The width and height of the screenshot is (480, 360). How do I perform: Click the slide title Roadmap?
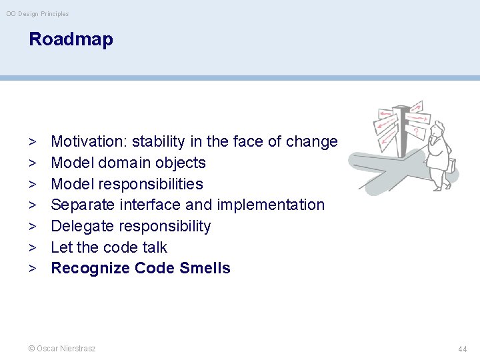coord(71,39)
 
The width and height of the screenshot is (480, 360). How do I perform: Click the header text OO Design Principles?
coord(37,14)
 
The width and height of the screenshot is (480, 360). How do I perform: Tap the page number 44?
coord(462,349)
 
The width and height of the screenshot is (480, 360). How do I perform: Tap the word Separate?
coord(81,205)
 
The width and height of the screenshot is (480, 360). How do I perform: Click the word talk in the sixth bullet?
coord(154,247)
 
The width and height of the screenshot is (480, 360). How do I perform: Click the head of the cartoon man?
coord(437,131)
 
